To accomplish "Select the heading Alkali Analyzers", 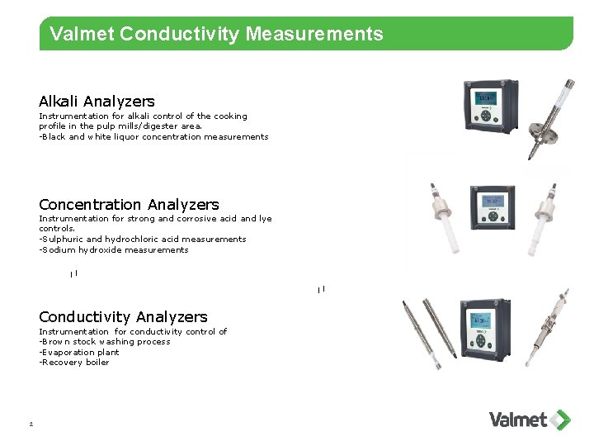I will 97,101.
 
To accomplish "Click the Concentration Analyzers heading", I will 129,204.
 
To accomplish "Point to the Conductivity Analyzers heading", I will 123,316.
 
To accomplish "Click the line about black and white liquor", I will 153,137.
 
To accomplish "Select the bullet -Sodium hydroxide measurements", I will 114,249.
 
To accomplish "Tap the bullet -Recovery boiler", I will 74,362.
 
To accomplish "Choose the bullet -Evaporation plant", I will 79,352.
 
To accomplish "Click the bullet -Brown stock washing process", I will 104,341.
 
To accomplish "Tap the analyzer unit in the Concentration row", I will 493,209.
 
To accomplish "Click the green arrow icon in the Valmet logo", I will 561,420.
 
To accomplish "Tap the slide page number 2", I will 30,425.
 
